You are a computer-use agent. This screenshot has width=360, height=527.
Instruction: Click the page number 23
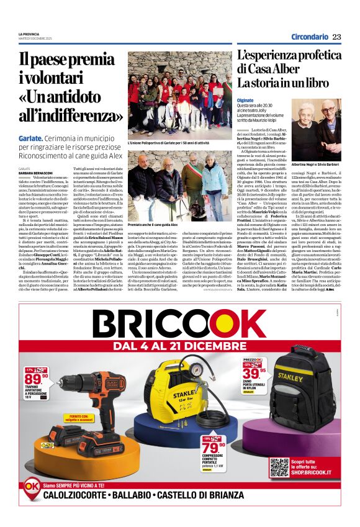point(336,37)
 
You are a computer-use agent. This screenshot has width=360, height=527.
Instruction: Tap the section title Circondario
point(310,37)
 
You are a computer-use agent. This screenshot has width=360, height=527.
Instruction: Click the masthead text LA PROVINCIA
point(29,34)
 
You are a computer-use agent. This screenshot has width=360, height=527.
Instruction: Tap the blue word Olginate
point(245,99)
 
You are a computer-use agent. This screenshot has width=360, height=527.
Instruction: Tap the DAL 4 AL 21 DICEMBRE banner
point(180,345)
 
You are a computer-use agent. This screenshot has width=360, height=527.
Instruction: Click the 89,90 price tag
point(36,379)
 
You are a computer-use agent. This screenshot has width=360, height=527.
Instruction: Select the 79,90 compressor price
point(230,446)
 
